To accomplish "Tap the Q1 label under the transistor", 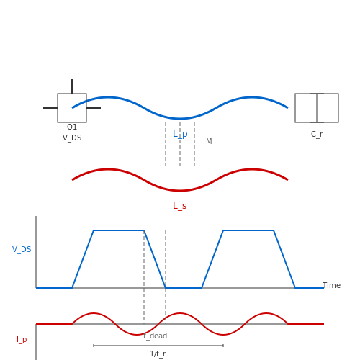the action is (72, 127).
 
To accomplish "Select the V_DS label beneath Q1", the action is (72, 138).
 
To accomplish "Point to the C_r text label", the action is (317, 135).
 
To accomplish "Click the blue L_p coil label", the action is (180, 134).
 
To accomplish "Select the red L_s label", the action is (180, 206).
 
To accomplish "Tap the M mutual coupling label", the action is (209, 141).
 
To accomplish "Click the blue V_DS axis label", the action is (22, 250).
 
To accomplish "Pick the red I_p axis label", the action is (22, 340).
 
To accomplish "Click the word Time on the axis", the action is (331, 285).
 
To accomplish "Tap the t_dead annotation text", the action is (156, 336).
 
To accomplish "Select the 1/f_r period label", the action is (158, 354).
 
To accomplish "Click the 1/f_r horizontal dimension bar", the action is (158, 346).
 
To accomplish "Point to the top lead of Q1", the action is (72, 86).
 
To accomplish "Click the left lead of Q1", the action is (50, 108).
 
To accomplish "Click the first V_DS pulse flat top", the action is (119, 230).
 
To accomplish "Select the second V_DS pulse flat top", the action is (248, 230).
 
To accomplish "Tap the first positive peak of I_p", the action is (94, 313).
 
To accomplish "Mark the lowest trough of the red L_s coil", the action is (180, 191).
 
